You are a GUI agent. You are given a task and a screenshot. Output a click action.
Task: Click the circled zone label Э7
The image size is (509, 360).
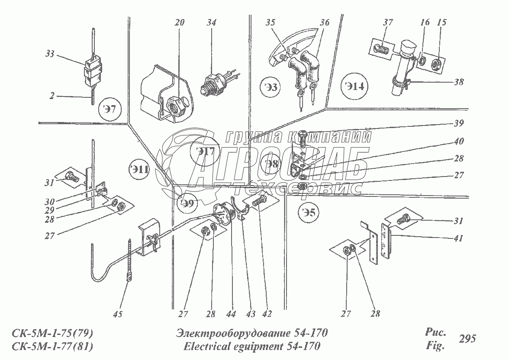[110, 109]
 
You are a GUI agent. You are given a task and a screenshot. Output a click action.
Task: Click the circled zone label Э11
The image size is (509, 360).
[141, 169]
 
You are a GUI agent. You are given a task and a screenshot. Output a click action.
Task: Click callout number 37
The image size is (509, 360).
[388, 22]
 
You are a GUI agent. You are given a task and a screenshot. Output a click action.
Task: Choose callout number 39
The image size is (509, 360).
[459, 123]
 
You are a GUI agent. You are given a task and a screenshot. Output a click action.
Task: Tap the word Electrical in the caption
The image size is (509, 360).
[205, 346]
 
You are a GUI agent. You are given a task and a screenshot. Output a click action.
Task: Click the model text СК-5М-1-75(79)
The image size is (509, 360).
[51, 333]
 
